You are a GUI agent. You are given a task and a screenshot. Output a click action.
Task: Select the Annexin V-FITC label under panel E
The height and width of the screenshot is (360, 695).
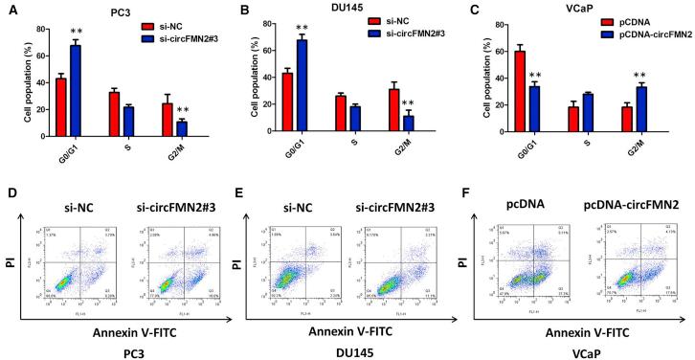[327, 315]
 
